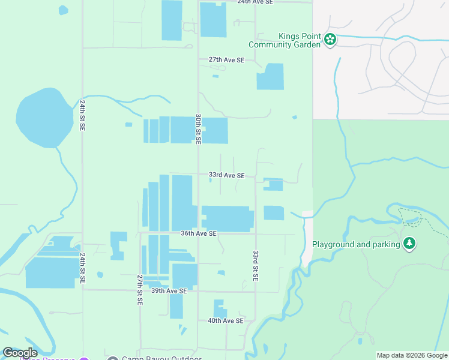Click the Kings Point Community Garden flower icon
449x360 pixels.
click(330, 40)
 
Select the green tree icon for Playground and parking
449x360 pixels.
click(409, 244)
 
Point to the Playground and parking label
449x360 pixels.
click(356, 244)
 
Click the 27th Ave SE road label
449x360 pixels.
click(226, 60)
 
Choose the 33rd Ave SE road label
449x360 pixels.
click(226, 175)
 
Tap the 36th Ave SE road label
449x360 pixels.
click(198, 233)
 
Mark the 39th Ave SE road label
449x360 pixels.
click(169, 290)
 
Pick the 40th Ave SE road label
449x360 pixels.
click(225, 320)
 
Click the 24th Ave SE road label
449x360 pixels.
click(255, 2)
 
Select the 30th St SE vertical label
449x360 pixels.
click(198, 128)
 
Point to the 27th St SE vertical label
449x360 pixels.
click(139, 290)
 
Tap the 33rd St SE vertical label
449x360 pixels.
click(256, 266)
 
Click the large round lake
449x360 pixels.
click(38, 118)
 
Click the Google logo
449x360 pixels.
click(20, 353)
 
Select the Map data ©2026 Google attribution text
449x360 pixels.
click(412, 356)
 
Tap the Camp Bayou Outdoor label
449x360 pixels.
click(161, 358)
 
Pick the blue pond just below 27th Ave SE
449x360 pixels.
click(215, 76)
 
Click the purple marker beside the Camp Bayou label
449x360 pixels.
click(84, 358)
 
